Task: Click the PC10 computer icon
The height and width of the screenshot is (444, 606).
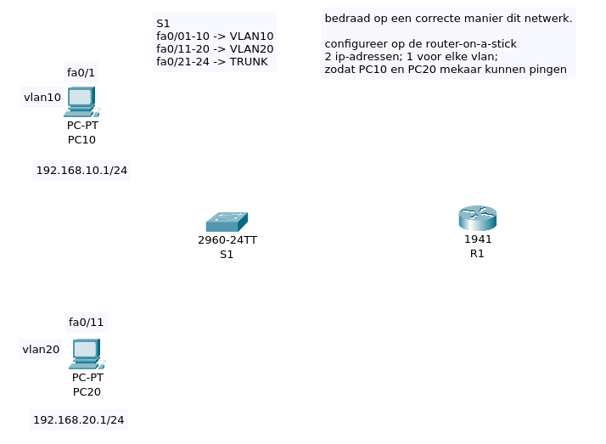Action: click(81, 101)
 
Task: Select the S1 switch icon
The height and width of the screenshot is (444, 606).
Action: click(227, 222)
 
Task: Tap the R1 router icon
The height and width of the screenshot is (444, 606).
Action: click(478, 218)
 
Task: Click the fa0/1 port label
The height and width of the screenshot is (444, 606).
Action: click(81, 72)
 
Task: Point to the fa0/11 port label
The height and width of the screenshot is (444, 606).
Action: click(86, 322)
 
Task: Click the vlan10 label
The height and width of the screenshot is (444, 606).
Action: click(42, 98)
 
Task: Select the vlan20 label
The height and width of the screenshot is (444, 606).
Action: click(41, 349)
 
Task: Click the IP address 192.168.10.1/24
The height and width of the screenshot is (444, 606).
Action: click(81, 171)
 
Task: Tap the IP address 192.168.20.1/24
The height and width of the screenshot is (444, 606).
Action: click(79, 419)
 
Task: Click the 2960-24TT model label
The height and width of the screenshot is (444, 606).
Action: click(227, 240)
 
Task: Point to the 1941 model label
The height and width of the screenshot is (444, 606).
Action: click(478, 239)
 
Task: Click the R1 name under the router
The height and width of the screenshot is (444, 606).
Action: click(477, 253)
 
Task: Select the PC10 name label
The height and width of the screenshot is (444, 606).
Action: click(81, 139)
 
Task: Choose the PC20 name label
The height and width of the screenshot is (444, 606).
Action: click(87, 391)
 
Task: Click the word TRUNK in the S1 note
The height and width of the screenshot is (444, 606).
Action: click(249, 62)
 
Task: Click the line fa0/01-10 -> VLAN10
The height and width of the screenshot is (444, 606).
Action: click(215, 37)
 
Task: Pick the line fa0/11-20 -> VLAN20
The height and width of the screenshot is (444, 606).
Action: click(215, 49)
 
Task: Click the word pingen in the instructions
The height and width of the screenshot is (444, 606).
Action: click(548, 69)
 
